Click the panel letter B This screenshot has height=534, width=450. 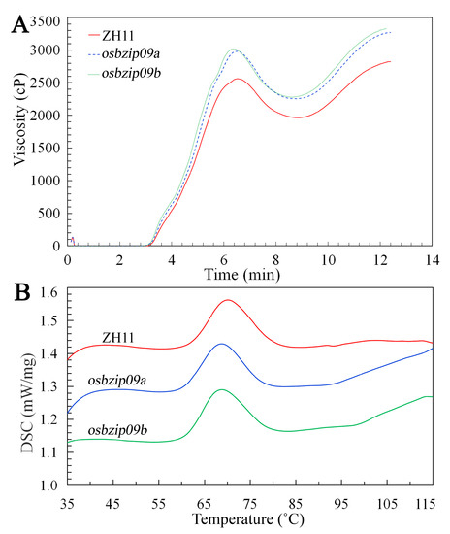[x=17, y=290]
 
